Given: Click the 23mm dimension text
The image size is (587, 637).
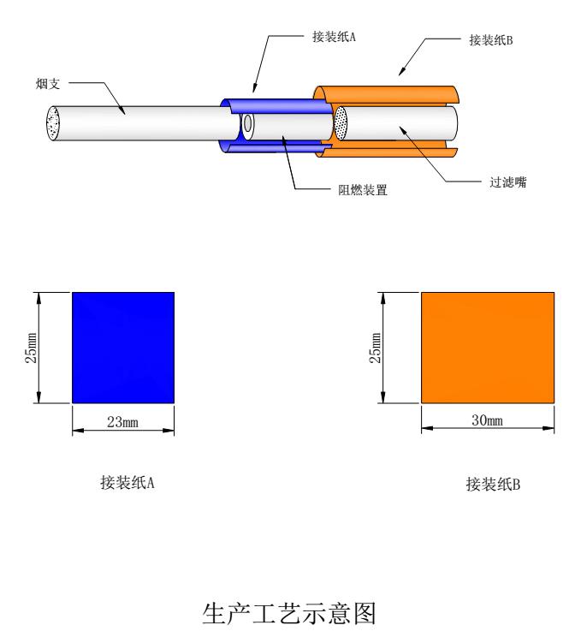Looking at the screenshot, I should pos(124,421).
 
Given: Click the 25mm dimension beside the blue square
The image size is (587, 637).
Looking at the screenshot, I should pos(31,347).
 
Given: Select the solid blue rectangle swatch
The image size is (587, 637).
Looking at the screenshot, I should pos(123,347).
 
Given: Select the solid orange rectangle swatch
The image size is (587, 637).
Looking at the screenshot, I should pos(489,347).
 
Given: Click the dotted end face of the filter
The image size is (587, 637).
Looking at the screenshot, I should pos(341,124).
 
